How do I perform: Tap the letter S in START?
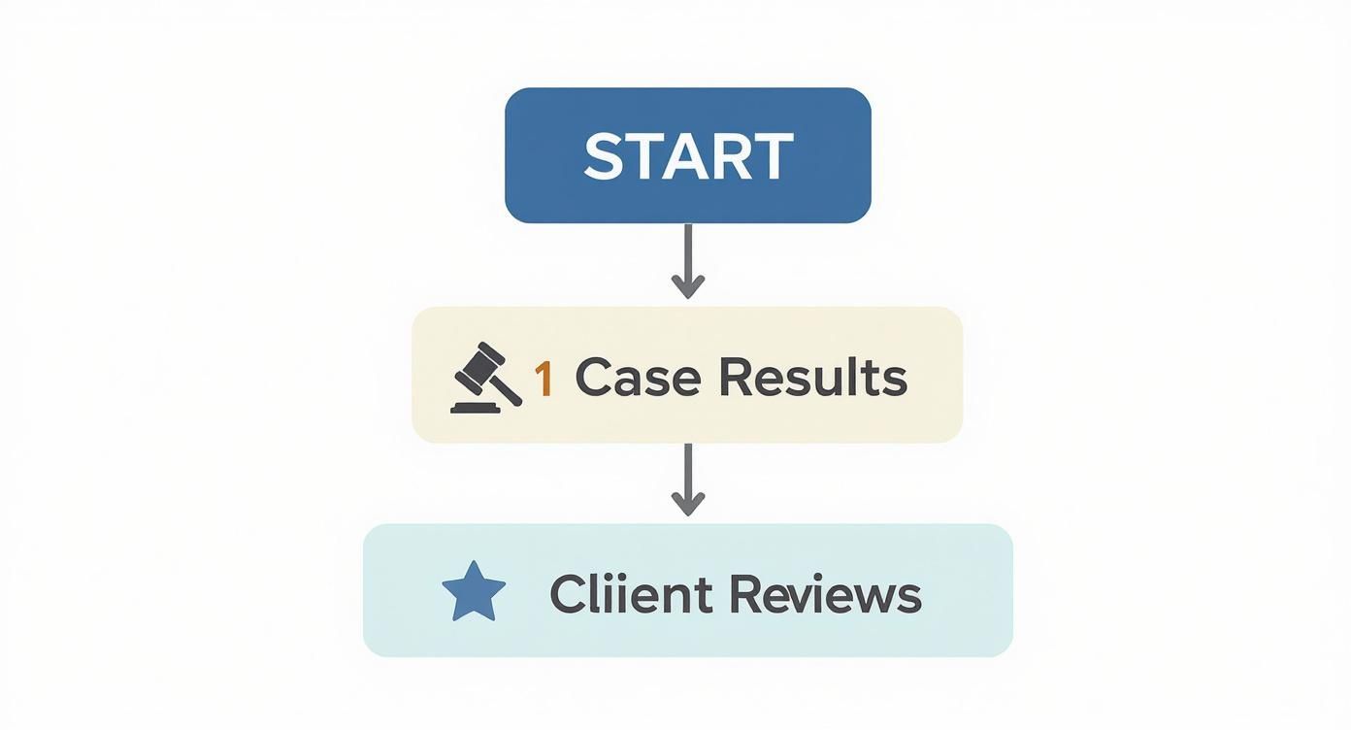coord(603,156)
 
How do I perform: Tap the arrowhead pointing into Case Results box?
coord(687,286)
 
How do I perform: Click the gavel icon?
coord(485,379)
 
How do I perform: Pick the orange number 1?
coord(544,378)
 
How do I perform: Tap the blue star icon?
coord(474,591)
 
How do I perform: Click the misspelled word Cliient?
coord(632,593)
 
